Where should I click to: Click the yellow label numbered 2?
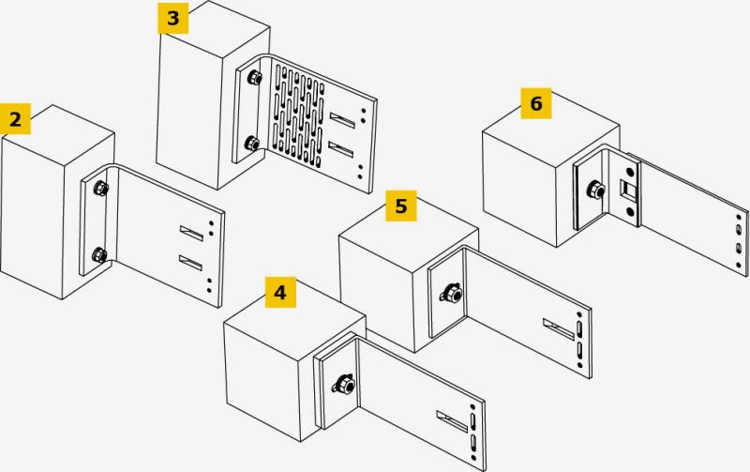coord(15,119)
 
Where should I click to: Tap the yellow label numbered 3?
coord(173,18)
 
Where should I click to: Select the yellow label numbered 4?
coord(280,292)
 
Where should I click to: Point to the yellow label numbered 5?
coord(401,206)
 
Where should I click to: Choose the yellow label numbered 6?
coord(536,103)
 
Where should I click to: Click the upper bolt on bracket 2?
coord(101,188)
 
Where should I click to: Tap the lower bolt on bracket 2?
coord(99,254)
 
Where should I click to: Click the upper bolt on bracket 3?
coord(254,77)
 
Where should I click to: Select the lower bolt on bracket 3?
coord(252,144)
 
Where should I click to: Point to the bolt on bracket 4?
coord(343,384)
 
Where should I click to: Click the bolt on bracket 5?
coord(451,292)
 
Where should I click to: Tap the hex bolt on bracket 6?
coord(596,190)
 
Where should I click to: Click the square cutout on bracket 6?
coord(628,190)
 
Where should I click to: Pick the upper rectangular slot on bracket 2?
coord(192,233)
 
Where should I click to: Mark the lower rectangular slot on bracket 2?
coord(191,263)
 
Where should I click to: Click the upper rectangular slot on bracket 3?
coord(342,120)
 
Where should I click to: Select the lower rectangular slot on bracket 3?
coord(341,149)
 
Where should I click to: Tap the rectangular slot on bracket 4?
coord(452,421)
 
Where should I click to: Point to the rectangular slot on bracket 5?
coord(559,329)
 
